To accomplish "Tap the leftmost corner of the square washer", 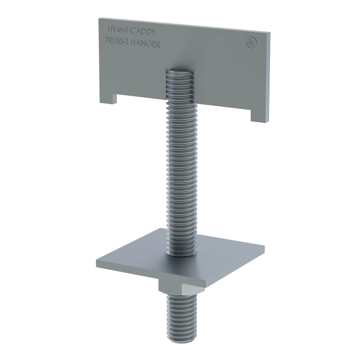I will click(96, 261).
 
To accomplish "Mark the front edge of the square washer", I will click(151, 274).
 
